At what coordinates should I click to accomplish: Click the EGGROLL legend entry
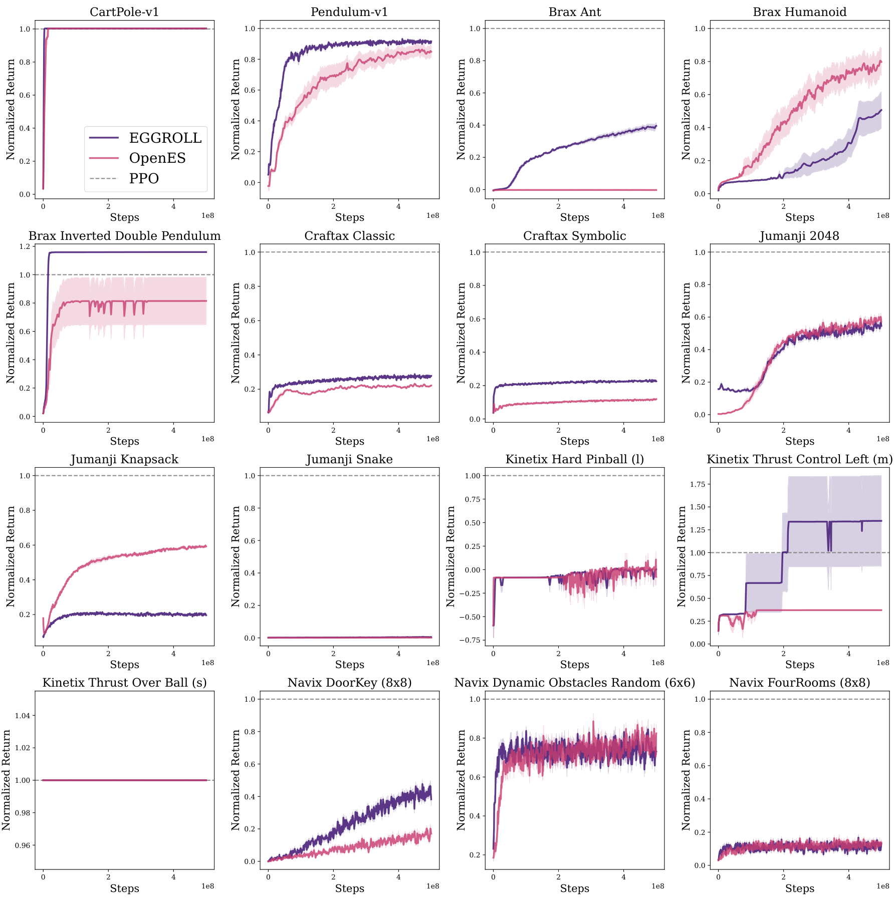coord(165,138)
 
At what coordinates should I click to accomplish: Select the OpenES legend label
coord(157,158)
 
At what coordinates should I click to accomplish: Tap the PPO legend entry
coord(144,179)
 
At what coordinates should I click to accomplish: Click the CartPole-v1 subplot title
coord(124,12)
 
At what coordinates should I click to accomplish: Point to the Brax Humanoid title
coord(799,12)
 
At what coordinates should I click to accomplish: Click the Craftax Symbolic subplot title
coord(574,236)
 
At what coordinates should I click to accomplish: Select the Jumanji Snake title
coord(349,459)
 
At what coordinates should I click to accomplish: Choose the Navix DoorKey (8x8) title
coord(349,683)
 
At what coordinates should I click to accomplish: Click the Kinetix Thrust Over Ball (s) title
coord(124,683)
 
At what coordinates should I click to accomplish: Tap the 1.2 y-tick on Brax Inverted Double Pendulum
coord(24,246)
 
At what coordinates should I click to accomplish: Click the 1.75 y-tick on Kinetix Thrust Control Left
coord(699,484)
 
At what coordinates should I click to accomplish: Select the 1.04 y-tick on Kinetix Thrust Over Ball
coord(22,716)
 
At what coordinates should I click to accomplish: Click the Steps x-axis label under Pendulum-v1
coord(349,217)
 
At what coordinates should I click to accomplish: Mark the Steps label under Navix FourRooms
coord(799,888)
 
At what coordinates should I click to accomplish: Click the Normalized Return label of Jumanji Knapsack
coord(11,557)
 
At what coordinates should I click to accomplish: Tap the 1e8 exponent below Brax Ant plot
coord(657,216)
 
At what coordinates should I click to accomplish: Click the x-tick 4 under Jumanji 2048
coord(848,430)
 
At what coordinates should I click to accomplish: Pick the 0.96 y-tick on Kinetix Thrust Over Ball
coord(22,845)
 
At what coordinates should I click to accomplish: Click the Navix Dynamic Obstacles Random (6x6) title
coord(574,683)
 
